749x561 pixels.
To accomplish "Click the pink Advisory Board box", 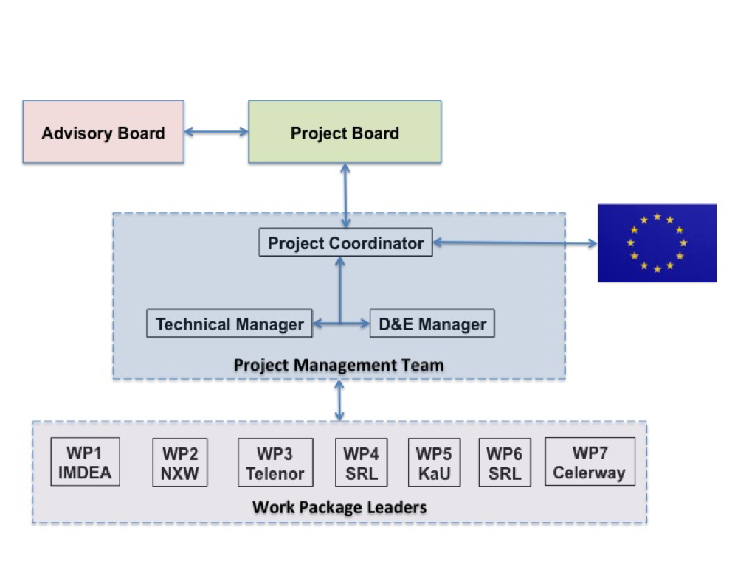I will click(103, 132).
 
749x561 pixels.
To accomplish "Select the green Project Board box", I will click(345, 132).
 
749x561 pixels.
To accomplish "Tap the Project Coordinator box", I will click(345, 243).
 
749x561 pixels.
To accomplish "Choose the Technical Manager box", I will click(229, 324).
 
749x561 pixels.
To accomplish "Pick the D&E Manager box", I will click(432, 324).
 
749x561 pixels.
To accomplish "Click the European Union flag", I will click(657, 243).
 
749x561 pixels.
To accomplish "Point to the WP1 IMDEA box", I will click(85, 462).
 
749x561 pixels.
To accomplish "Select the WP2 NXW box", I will click(180, 463).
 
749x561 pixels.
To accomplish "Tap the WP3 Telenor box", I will click(275, 463).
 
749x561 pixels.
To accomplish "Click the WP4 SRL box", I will click(362, 463).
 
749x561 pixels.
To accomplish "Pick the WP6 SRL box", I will click(505, 463).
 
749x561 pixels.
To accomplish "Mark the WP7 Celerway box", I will click(589, 461).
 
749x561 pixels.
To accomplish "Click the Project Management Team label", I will click(339, 365).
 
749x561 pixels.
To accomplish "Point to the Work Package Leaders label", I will click(339, 507).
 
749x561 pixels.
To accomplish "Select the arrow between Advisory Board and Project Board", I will click(216, 133).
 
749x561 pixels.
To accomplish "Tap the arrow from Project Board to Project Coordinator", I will click(345, 196).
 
